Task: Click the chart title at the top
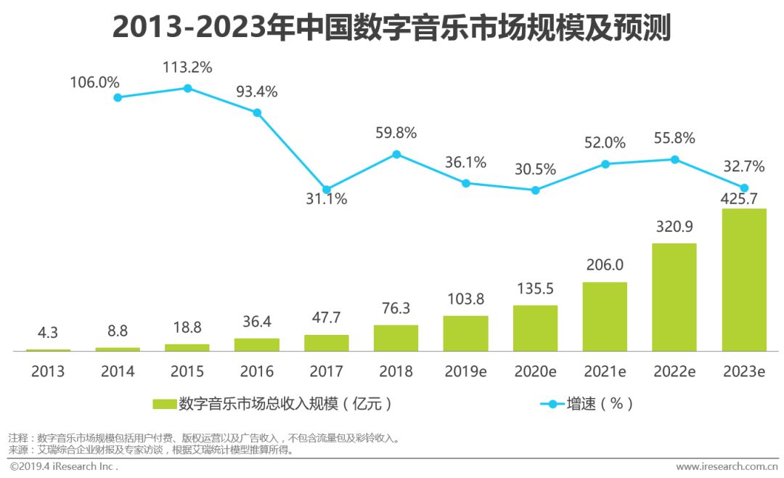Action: click(x=391, y=28)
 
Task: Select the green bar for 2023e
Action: click(x=744, y=280)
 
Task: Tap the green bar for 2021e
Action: click(x=605, y=317)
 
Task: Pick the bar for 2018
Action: click(x=396, y=338)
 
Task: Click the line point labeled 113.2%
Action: click(x=187, y=88)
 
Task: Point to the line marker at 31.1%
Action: click(x=327, y=190)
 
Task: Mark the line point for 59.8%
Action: click(x=396, y=154)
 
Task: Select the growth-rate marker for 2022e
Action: click(x=674, y=159)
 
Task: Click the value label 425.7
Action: click(x=744, y=198)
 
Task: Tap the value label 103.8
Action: click(x=465, y=299)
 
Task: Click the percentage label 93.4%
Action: click(x=256, y=92)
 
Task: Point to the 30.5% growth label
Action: click(x=535, y=169)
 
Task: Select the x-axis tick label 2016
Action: click(x=256, y=371)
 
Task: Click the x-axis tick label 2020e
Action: click(x=535, y=371)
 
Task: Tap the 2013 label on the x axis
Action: click(x=48, y=371)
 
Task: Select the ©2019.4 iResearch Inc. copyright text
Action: click(x=64, y=466)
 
